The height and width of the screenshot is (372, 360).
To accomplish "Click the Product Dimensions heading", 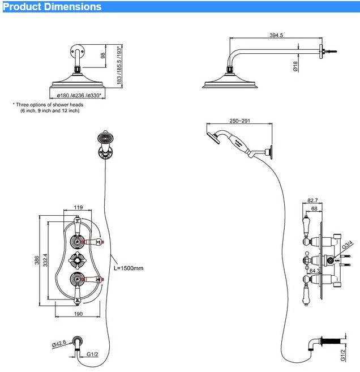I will coord(52,7).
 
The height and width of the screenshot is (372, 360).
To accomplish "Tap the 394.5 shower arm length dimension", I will coord(276,36).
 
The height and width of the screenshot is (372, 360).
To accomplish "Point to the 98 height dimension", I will coord(102,55).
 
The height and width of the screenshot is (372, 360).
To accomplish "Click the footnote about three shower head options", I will coord(49,108).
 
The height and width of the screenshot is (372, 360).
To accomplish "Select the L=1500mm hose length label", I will coord(129,268).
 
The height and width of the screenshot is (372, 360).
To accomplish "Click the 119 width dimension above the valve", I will coord(78,208).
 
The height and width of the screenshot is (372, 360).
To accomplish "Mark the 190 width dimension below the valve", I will coord(78,314).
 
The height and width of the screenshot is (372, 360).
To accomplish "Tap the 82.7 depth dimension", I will coord(312,200).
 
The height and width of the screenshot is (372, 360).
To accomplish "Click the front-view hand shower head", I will coord(104,137).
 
